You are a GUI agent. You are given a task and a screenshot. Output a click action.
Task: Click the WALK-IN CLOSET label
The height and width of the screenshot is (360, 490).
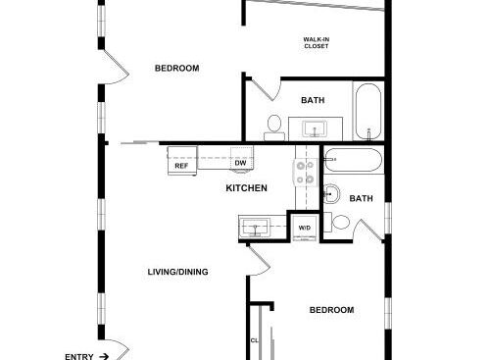click(317, 43)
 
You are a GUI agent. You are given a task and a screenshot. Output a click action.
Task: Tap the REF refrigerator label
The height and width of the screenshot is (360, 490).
click(181, 166)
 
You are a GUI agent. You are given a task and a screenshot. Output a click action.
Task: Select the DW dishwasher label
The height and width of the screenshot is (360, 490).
click(240, 163)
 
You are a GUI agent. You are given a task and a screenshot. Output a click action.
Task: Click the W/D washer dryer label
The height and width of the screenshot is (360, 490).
click(305, 228)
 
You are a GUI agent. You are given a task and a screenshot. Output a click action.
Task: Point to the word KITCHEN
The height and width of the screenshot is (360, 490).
click(247, 188)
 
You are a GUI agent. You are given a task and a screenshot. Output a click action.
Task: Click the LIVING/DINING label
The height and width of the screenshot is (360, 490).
click(177, 272)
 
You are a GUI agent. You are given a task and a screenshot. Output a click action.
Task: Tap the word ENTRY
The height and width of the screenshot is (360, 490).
click(79, 357)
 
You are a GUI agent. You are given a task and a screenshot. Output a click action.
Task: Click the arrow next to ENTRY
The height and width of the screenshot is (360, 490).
click(104, 356)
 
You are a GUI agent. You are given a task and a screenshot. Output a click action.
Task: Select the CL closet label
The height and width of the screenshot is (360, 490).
click(255, 340)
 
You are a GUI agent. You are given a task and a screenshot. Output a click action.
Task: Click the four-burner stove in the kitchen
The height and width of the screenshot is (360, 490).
click(305, 173)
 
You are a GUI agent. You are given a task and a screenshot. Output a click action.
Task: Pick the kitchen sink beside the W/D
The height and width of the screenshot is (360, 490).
click(255, 227)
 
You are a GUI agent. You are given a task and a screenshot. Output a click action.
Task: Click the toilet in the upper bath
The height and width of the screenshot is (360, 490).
click(274, 128)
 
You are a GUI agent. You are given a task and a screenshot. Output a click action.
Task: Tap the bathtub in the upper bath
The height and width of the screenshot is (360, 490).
click(368, 112)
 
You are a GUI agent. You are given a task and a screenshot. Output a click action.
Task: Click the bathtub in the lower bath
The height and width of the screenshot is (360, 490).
click(354, 160)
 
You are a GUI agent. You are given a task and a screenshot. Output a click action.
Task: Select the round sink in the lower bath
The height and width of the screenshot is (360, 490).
click(331, 194)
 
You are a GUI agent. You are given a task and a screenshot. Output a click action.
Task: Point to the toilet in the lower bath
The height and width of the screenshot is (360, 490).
click(337, 223)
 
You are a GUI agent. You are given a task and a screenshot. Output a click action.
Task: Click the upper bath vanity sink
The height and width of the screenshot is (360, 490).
click(315, 129)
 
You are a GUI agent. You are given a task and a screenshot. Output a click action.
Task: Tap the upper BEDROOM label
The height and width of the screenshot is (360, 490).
click(176, 68)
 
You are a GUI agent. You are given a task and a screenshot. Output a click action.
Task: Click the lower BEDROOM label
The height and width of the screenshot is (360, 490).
click(331, 310)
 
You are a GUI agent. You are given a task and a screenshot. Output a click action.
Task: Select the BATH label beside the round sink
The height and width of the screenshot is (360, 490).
click(361, 198)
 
